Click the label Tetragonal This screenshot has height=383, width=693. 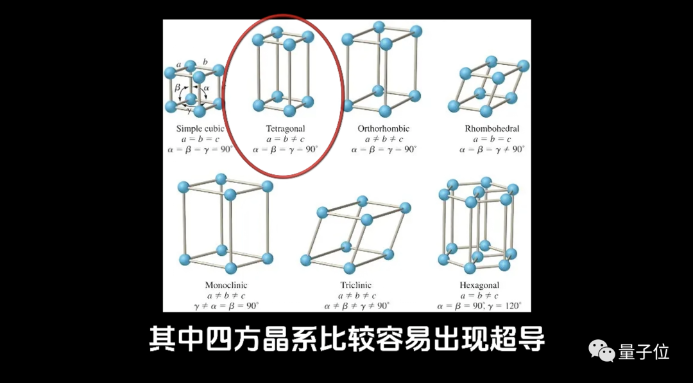285,129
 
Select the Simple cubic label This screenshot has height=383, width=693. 200,129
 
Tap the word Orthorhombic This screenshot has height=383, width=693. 383,129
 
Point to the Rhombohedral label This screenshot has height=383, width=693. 492,129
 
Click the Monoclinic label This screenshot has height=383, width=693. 226,285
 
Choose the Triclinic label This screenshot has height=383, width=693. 355,285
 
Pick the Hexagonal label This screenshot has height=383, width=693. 479,285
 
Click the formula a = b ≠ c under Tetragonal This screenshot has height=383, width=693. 285,139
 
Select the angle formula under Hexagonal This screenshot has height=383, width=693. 479,306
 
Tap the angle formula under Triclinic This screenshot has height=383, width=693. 356,306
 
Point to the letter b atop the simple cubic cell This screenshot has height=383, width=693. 205,62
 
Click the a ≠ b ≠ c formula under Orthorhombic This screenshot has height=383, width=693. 383,139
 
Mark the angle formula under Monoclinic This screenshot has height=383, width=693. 226,306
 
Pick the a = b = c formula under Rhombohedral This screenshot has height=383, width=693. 492,139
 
